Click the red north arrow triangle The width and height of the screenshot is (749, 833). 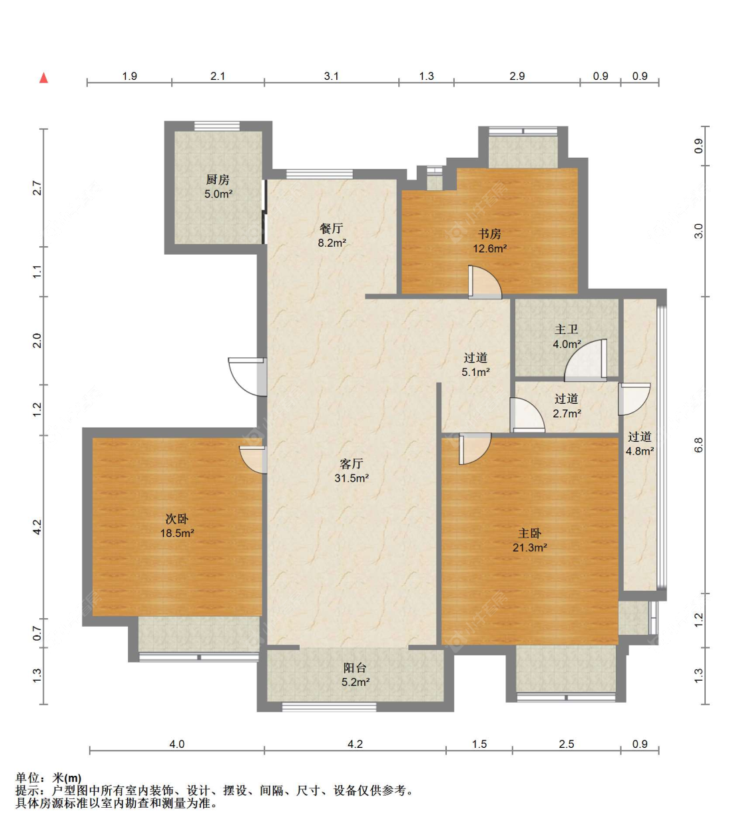(44, 78)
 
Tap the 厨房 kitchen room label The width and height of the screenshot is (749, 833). (218, 179)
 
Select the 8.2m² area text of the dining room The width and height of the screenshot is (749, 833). (332, 243)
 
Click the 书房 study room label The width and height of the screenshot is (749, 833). (489, 234)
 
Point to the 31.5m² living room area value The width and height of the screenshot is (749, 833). (352, 478)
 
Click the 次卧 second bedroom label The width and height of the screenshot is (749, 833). (177, 518)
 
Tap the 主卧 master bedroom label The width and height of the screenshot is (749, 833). (530, 533)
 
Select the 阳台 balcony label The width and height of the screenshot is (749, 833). (355, 668)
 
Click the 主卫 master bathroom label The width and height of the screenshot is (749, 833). (567, 329)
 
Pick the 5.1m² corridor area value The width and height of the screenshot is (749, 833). (475, 372)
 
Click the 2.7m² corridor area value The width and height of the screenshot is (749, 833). (567, 413)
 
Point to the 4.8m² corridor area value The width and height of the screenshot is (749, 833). (640, 451)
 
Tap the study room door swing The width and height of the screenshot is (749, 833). (485, 282)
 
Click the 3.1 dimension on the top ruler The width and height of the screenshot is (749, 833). (332, 76)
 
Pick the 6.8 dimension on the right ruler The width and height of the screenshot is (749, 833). (699, 445)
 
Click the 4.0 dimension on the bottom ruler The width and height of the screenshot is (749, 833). (177, 744)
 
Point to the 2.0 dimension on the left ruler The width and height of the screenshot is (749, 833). (37, 341)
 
